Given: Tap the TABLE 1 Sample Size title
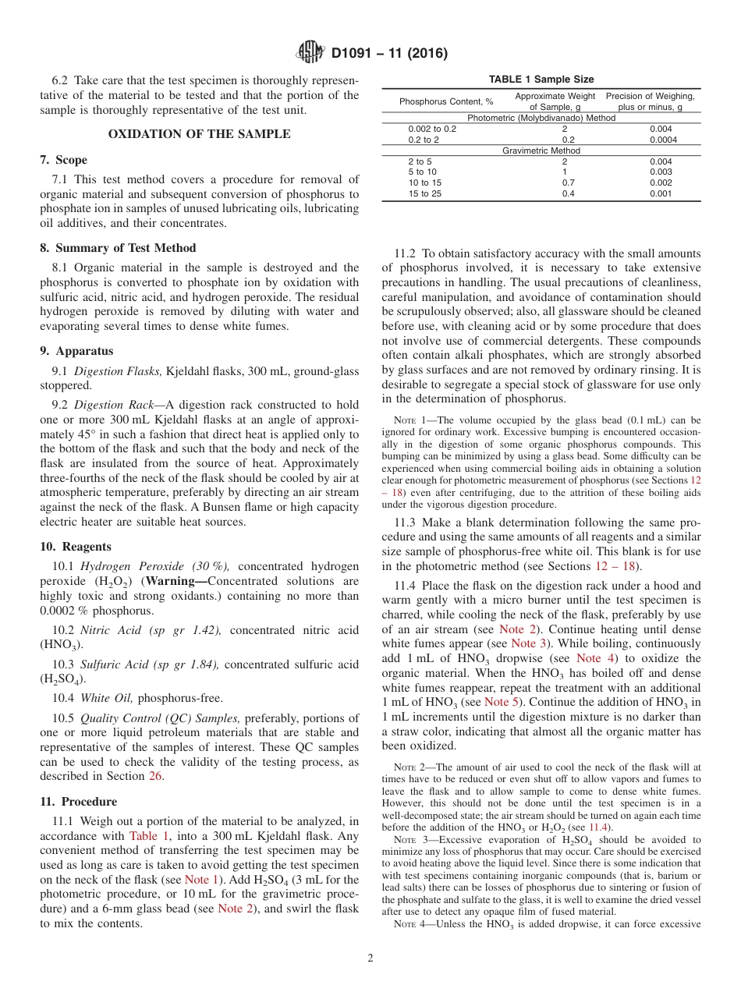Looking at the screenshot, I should click(541, 80).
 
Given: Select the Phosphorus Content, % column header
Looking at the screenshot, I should click(445, 101).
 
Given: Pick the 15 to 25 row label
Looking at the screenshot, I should click(424, 193).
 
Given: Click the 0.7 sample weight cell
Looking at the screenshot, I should click(564, 183).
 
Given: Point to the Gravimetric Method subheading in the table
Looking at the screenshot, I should click(541, 151).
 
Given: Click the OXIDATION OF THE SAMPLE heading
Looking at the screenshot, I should click(199, 134).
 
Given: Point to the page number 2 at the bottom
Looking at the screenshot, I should click(370, 958).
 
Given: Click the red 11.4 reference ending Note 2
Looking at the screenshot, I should click(599, 827).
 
